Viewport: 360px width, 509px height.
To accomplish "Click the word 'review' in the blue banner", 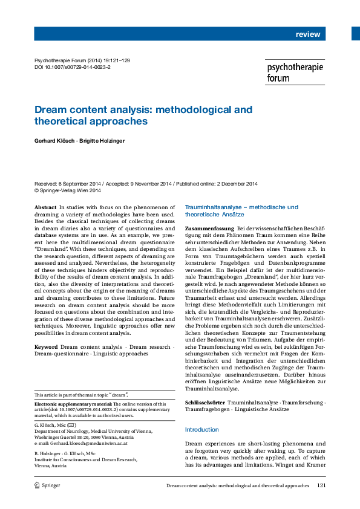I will (307, 34).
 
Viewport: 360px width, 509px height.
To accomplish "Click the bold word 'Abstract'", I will (46, 207).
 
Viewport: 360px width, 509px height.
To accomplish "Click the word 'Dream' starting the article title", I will (50, 109).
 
